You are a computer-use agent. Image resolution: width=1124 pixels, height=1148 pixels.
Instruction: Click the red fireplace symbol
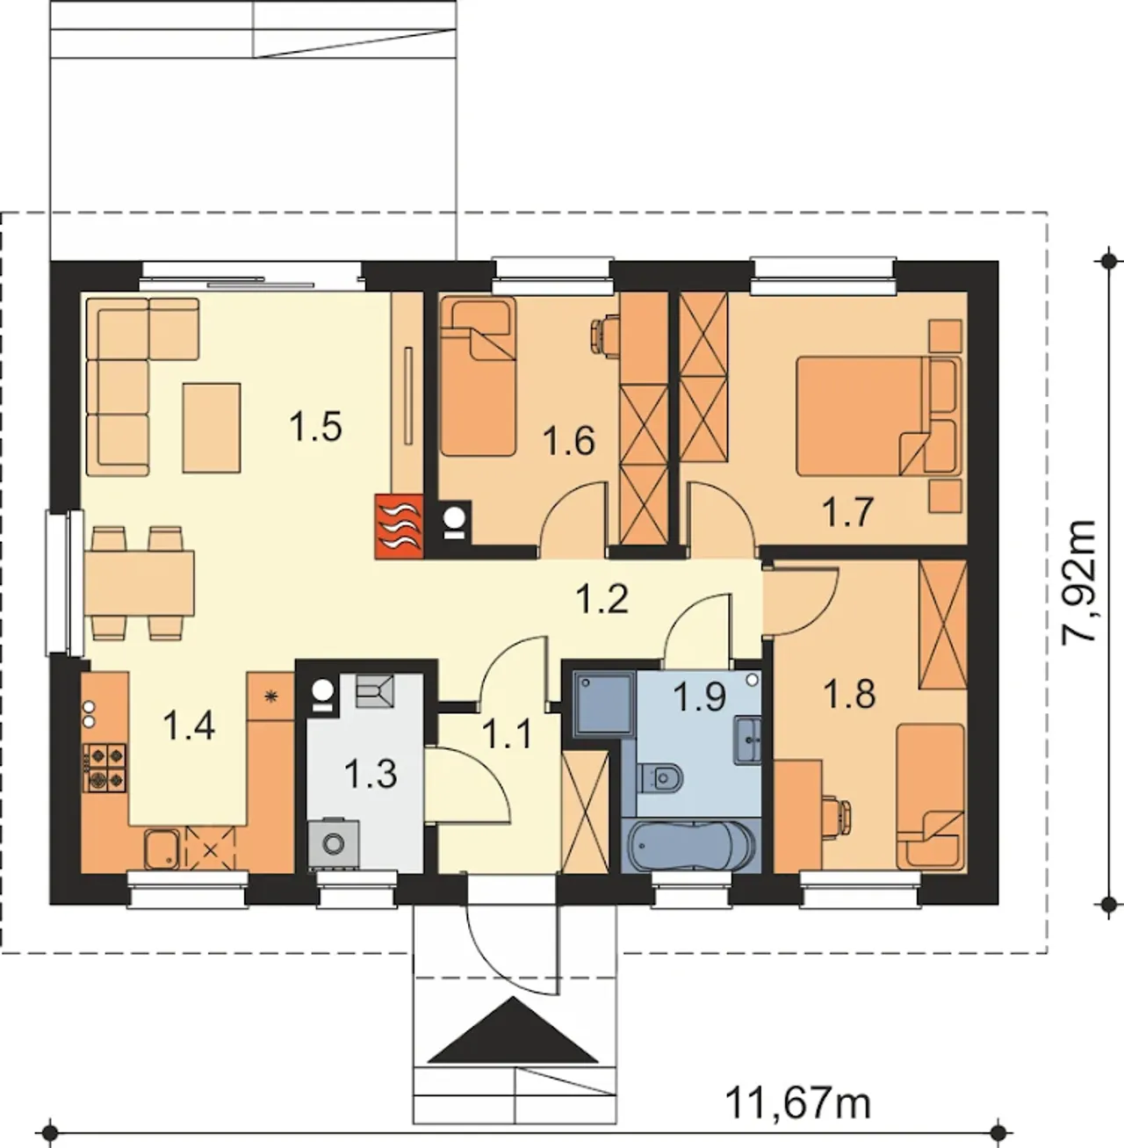(x=399, y=527)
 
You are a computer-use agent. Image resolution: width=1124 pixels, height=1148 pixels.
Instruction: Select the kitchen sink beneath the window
(x=162, y=848)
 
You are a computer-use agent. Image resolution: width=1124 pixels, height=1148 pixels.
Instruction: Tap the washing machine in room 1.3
(x=334, y=842)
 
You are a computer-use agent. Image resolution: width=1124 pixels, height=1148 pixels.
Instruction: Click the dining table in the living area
(x=140, y=582)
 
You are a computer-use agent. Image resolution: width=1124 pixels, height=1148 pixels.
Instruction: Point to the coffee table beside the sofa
(x=212, y=428)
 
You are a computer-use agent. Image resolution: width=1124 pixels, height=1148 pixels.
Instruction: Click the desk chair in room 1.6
(x=605, y=334)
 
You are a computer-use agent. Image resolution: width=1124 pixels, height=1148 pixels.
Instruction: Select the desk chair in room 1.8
(x=838, y=814)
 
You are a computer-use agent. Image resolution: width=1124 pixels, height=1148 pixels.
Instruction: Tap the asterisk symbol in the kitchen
(x=271, y=695)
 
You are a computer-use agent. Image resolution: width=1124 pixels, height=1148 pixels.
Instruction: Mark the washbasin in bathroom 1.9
(x=748, y=740)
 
